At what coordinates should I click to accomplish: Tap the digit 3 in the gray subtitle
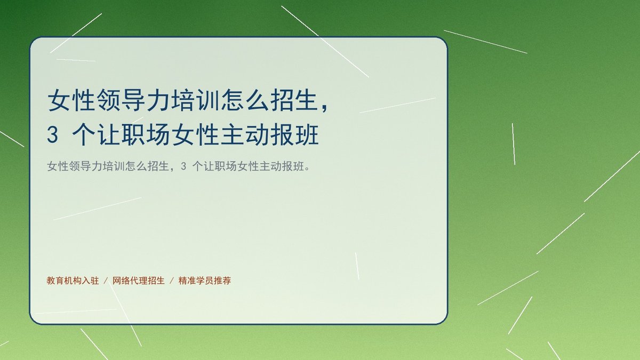[183, 166]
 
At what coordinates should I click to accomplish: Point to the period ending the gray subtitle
[307, 169]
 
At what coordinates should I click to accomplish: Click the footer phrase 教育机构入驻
[73, 281]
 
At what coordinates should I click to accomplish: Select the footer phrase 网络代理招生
[139, 281]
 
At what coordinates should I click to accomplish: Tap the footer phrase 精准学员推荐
[205, 281]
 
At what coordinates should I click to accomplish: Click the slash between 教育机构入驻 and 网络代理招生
[106, 281]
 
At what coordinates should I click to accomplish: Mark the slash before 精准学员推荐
[172, 281]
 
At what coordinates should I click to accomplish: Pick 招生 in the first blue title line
[295, 100]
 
